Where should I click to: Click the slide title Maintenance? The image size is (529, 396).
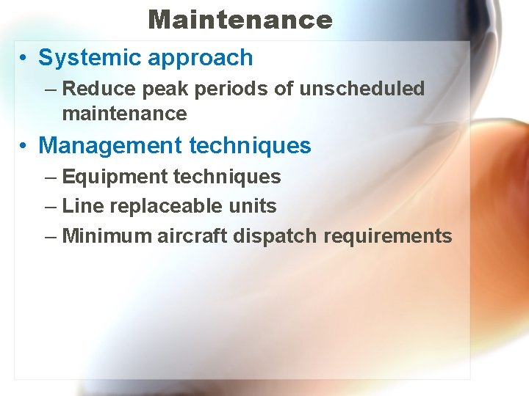pos(240,19)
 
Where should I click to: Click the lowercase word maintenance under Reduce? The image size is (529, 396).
pos(124,114)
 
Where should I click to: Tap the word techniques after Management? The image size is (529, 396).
pos(250,145)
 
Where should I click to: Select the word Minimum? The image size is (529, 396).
pos(107,236)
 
